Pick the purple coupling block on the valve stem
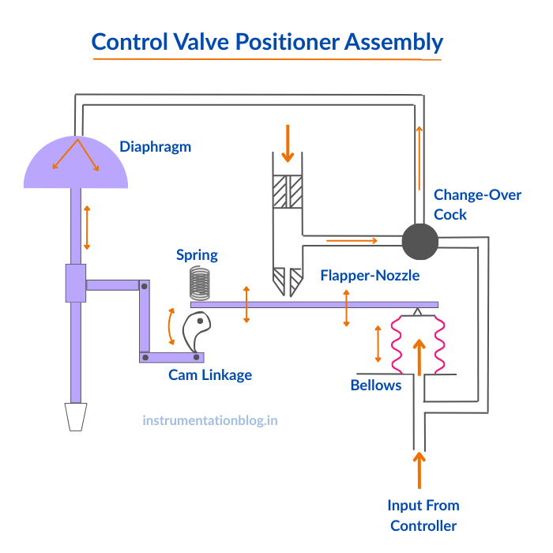pos(75,283)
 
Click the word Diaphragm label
pos(156,146)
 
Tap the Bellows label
pos(376,386)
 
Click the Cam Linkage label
pos(210,375)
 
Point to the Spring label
pos(197,255)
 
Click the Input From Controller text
pos(423,515)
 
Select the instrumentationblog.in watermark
pos(210,420)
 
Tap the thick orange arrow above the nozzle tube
pos(288,143)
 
